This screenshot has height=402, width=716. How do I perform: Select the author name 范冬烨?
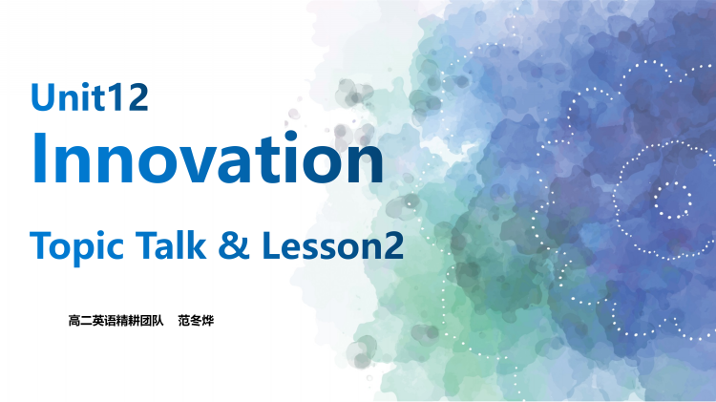coord(196,321)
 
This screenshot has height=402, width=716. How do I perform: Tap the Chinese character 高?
coord(75,321)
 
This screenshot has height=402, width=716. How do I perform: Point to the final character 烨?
coord(207,321)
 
